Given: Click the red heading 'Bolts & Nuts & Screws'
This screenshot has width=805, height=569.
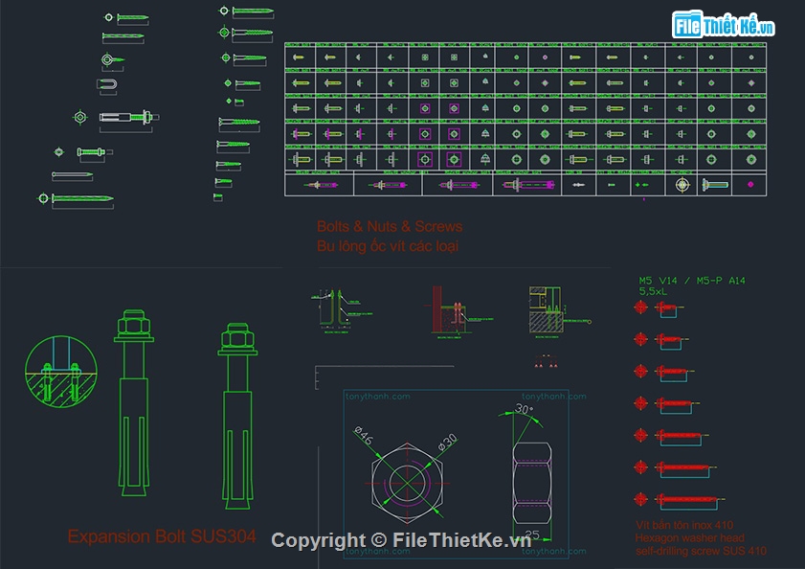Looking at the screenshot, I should pyautogui.click(x=390, y=227).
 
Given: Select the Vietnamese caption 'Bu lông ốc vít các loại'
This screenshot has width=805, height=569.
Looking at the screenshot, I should pyautogui.click(x=388, y=246).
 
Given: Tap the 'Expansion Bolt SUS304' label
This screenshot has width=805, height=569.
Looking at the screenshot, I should pyautogui.click(x=162, y=537).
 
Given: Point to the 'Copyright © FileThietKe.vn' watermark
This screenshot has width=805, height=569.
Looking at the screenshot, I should pyautogui.click(x=400, y=540).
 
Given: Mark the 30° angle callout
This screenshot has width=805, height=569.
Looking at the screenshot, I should pyautogui.click(x=523, y=409).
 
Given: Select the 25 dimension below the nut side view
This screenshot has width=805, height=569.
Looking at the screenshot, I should pyautogui.click(x=532, y=535).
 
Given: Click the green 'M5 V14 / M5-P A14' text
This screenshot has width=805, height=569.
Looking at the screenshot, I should pyautogui.click(x=692, y=281).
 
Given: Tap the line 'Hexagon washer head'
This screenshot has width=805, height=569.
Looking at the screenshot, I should pyautogui.click(x=689, y=538).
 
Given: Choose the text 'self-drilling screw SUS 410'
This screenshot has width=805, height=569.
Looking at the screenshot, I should pyautogui.click(x=701, y=551).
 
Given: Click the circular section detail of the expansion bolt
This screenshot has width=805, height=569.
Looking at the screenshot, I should pyautogui.click(x=60, y=373).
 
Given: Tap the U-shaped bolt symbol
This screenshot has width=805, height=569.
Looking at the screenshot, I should pyautogui.click(x=112, y=86).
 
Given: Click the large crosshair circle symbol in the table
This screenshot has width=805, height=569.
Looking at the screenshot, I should pyautogui.click(x=682, y=184).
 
